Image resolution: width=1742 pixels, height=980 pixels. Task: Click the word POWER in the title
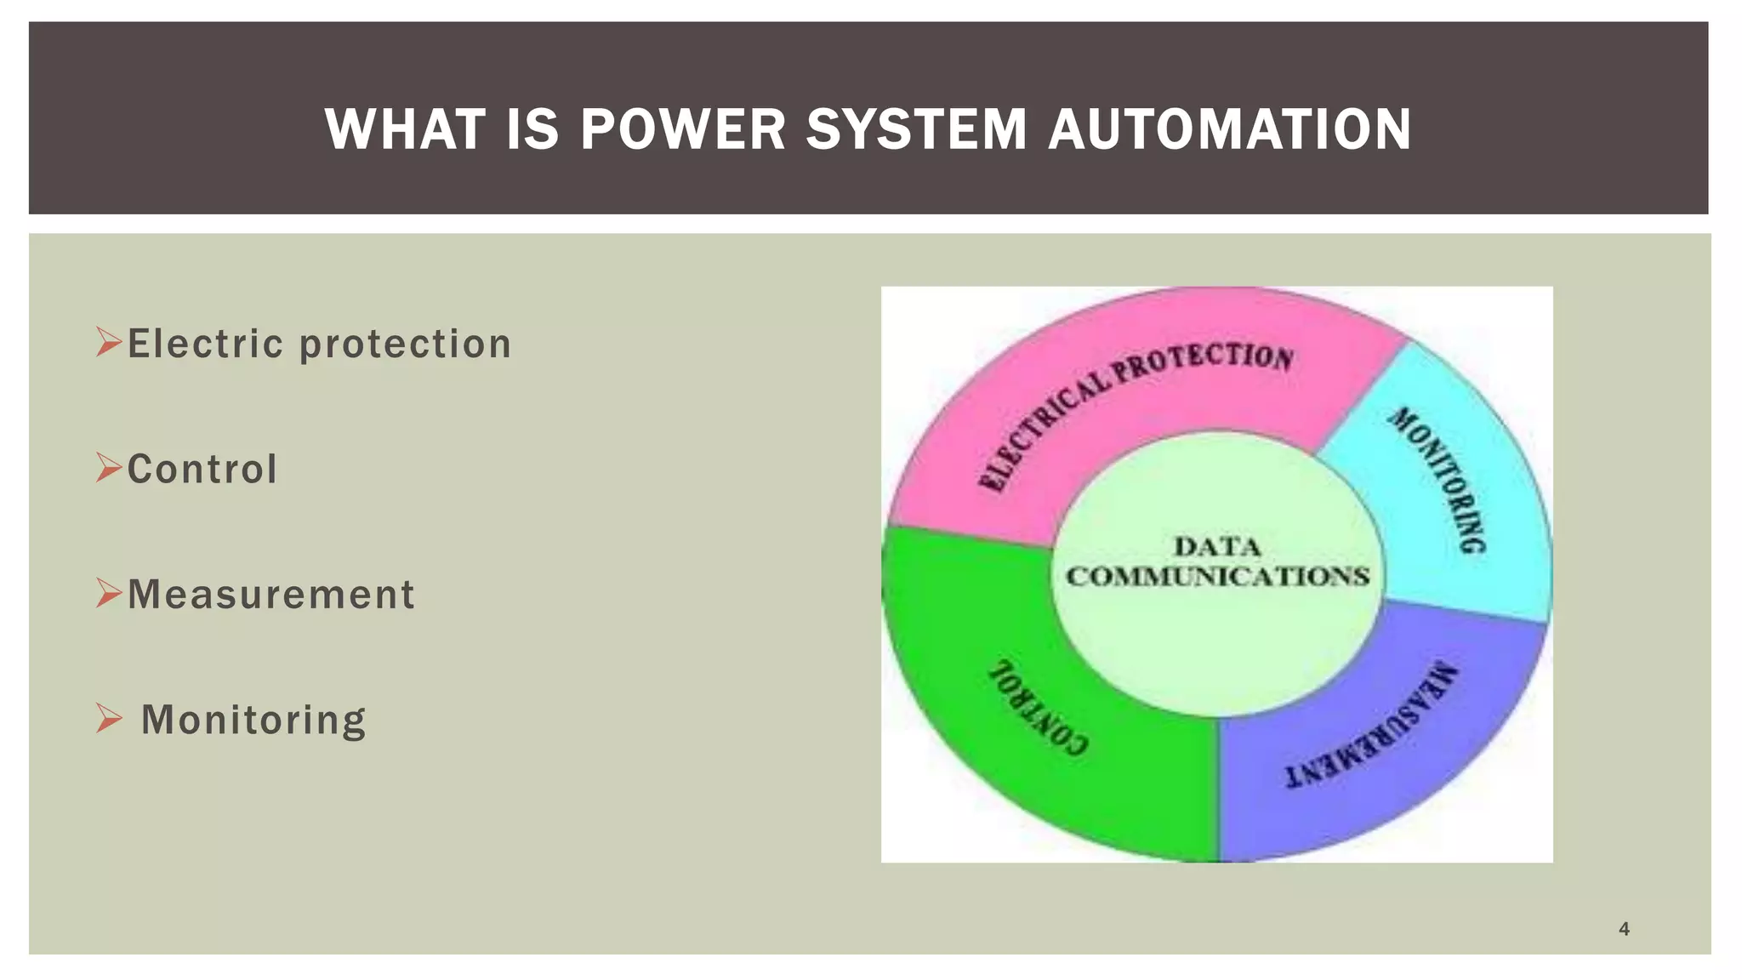pos(682,129)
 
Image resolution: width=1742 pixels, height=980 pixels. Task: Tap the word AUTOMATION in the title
pos(1229,129)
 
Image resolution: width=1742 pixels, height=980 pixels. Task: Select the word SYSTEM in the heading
pos(916,129)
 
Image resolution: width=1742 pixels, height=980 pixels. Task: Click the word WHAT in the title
pos(404,129)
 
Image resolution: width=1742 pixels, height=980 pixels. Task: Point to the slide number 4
pos(1624,929)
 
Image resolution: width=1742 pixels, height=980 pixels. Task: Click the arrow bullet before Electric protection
pos(110,342)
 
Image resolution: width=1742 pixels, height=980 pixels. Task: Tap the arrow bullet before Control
pos(110,467)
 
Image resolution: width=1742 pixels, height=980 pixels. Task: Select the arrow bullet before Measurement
pos(110,592)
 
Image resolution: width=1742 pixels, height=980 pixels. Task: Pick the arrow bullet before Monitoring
pos(110,718)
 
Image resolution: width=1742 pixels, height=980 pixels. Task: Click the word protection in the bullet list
pos(405,345)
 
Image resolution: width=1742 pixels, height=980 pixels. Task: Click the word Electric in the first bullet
pos(205,344)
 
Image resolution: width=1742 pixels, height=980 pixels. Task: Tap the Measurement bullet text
pos(270,594)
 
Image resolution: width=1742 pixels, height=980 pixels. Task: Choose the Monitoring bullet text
pos(253,720)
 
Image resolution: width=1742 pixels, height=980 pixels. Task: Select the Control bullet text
pos(202,469)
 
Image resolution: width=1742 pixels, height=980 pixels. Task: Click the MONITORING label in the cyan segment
pos(1439,481)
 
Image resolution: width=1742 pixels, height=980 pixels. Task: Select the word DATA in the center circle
pos(1217,546)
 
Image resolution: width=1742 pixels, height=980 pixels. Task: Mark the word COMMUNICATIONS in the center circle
pos(1217,577)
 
